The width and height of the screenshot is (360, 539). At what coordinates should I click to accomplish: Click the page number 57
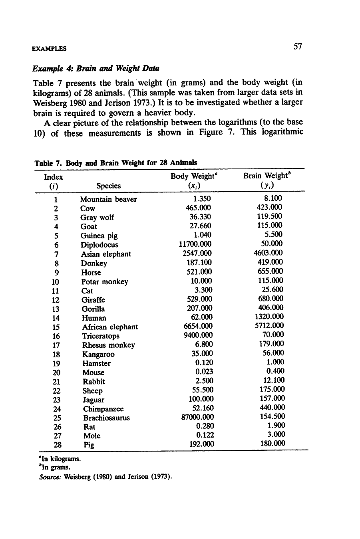pyautogui.click(x=297, y=47)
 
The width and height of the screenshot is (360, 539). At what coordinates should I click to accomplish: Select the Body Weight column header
pyautogui.click(x=195, y=176)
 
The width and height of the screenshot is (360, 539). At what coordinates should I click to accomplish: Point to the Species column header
pyautogui.click(x=108, y=186)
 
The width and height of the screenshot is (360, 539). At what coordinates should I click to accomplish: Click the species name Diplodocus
pyautogui.click(x=99, y=245)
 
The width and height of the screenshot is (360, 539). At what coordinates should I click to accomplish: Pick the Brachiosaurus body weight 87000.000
pyautogui.click(x=196, y=417)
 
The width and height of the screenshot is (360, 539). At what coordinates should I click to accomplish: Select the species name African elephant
pyautogui.click(x=110, y=327)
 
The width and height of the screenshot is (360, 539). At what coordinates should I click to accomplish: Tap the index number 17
pyautogui.click(x=56, y=345)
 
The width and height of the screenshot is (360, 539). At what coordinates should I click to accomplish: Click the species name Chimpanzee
pyautogui.click(x=103, y=409)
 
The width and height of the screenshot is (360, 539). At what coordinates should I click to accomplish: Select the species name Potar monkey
pyautogui.click(x=104, y=282)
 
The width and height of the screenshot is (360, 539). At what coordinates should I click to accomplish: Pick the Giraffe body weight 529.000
pyautogui.click(x=200, y=299)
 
